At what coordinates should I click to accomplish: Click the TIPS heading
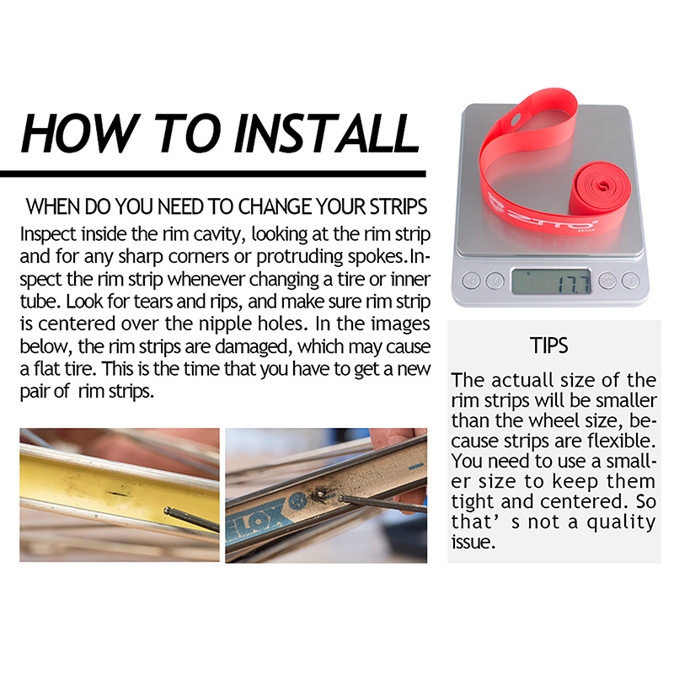point(549,345)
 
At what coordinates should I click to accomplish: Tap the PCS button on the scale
point(607,281)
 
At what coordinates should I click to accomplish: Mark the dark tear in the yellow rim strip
point(117,494)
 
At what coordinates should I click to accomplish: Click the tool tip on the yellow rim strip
point(168,511)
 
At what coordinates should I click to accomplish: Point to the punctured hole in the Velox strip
point(320,495)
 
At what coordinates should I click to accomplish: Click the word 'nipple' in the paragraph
point(226,324)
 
